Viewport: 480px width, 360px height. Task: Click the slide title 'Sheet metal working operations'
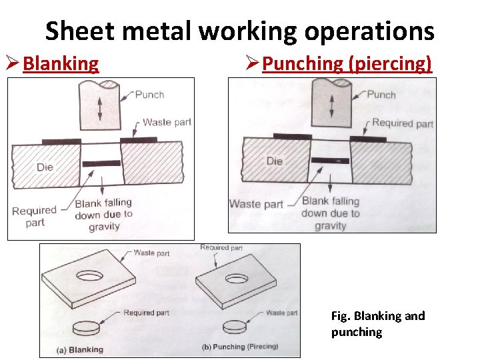tap(239, 31)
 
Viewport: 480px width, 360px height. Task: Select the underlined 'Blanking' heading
tap(61, 64)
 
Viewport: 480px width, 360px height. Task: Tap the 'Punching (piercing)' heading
tap(347, 64)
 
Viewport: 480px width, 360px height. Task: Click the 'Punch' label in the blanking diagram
tap(149, 95)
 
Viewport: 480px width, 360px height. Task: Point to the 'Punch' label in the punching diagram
tap(381, 95)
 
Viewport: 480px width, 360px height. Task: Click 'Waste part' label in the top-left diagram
tap(167, 122)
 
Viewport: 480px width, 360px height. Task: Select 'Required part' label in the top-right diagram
tap(402, 123)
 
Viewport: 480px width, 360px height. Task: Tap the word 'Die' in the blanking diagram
tap(45, 167)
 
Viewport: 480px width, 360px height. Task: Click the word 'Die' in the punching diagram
tap(274, 161)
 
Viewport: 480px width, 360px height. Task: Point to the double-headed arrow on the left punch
tap(100, 108)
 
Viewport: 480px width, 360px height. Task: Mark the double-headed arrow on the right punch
tap(332, 105)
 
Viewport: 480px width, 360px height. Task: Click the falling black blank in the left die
tap(101, 163)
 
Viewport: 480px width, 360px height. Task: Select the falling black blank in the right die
tap(331, 161)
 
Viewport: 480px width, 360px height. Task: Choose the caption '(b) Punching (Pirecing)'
tap(239, 347)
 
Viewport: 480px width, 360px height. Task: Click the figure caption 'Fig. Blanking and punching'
tap(377, 324)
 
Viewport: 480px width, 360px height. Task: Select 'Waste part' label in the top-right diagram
tap(255, 204)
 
